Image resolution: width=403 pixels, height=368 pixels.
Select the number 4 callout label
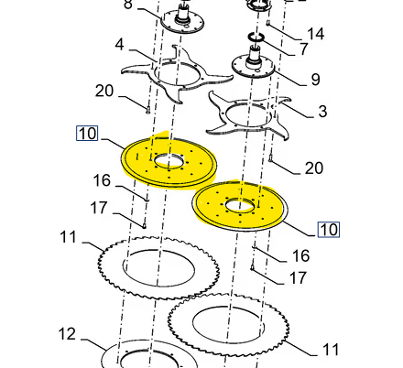pyautogui.click(x=119, y=44)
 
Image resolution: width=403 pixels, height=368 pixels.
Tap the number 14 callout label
pyautogui.click(x=315, y=34)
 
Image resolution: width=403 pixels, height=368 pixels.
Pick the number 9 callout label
pyautogui.click(x=315, y=80)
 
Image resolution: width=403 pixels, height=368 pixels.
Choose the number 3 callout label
pyautogui.click(x=321, y=112)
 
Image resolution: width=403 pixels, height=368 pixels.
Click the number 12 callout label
pyautogui.click(x=67, y=332)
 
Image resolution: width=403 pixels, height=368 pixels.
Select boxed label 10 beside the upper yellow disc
pyautogui.click(x=86, y=134)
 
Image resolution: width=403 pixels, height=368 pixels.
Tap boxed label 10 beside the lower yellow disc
pyautogui.click(x=329, y=228)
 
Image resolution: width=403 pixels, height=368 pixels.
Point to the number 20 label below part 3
pyautogui.click(x=313, y=168)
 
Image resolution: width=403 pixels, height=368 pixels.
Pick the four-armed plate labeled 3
pyautogui.click(x=244, y=112)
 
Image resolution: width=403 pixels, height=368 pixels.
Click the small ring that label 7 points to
pyautogui.click(x=258, y=38)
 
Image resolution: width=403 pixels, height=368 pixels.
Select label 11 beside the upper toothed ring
pyautogui.click(x=68, y=238)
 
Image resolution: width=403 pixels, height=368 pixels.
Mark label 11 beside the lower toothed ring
pyautogui.click(x=329, y=349)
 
